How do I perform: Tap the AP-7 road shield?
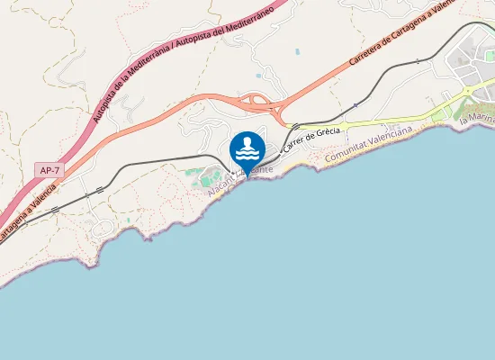pos(50,169)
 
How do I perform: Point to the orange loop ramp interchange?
pos(260,102)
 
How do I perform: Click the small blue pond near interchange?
pos(259,75)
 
